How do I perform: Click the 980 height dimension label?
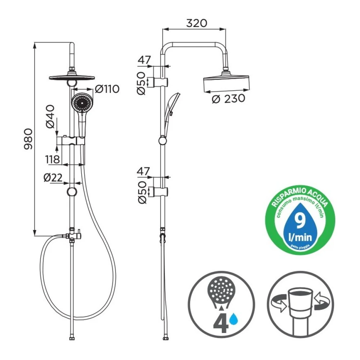point(28,139)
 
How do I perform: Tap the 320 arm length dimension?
point(197,23)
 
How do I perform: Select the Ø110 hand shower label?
point(107,89)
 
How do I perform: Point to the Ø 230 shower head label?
point(228,99)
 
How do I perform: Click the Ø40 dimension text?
point(50,116)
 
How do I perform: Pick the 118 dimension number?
point(53,159)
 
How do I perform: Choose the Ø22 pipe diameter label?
point(53,177)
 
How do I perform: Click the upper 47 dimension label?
point(144,60)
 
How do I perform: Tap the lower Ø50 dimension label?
point(142,192)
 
